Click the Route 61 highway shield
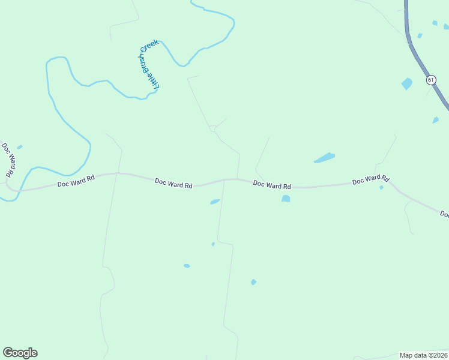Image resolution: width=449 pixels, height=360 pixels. click(431, 80)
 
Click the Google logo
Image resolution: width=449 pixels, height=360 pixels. click(20, 353)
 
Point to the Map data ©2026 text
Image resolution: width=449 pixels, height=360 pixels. click(423, 355)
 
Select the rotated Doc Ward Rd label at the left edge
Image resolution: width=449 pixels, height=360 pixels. click(8, 159)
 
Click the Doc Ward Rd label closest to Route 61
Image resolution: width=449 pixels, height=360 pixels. click(370, 179)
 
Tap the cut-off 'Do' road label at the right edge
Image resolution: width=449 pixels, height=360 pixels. click(444, 214)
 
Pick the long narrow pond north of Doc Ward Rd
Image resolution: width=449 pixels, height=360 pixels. click(324, 158)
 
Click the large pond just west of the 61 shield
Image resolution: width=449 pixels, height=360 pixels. click(407, 83)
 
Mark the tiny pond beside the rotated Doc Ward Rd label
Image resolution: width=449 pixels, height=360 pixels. click(20, 147)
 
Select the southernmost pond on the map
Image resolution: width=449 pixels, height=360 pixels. click(253, 282)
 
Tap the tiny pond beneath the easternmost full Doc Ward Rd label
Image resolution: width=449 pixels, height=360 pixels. click(381, 188)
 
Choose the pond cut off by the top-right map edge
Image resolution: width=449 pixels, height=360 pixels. click(446, 26)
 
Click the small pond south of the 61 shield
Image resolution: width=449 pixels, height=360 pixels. click(435, 120)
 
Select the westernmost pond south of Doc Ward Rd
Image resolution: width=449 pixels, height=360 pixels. click(187, 266)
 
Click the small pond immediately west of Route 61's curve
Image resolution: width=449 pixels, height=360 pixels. click(420, 36)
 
